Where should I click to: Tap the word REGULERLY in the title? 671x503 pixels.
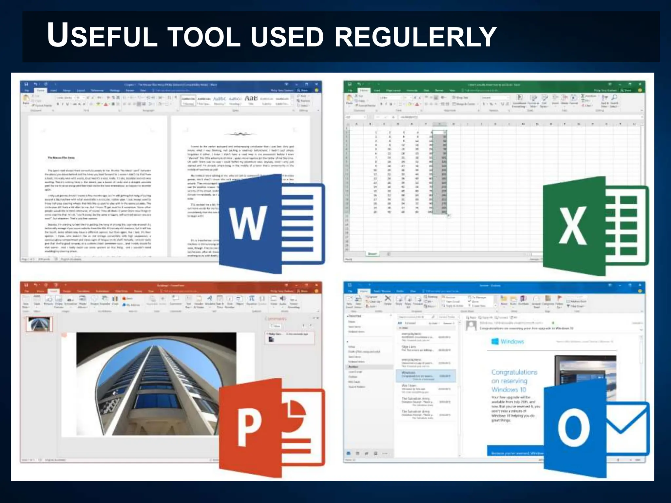click(415, 36)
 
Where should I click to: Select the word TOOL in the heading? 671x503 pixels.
click(204, 36)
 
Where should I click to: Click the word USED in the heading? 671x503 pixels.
click(287, 36)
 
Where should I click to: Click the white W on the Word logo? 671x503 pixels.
click(248, 223)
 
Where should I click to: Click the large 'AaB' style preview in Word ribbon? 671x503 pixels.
click(251, 98)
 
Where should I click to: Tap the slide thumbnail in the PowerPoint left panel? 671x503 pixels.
click(39, 324)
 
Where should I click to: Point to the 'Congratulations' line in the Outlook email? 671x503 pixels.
click(514, 372)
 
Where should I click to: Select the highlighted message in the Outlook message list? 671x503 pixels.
click(426, 376)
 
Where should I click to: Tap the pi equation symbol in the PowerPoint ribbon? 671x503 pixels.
click(251, 298)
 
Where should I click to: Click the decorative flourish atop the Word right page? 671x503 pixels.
click(240, 134)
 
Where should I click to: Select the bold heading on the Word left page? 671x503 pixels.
click(61, 158)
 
